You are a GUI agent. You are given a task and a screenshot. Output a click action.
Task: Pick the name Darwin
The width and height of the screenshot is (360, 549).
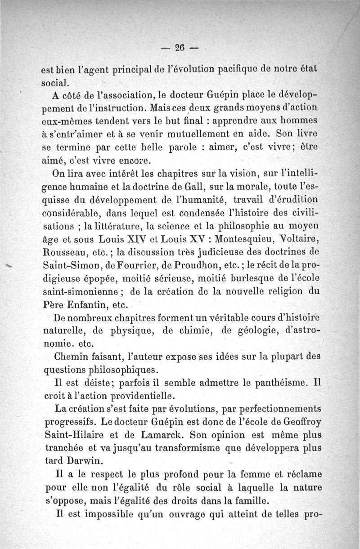(83, 462)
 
